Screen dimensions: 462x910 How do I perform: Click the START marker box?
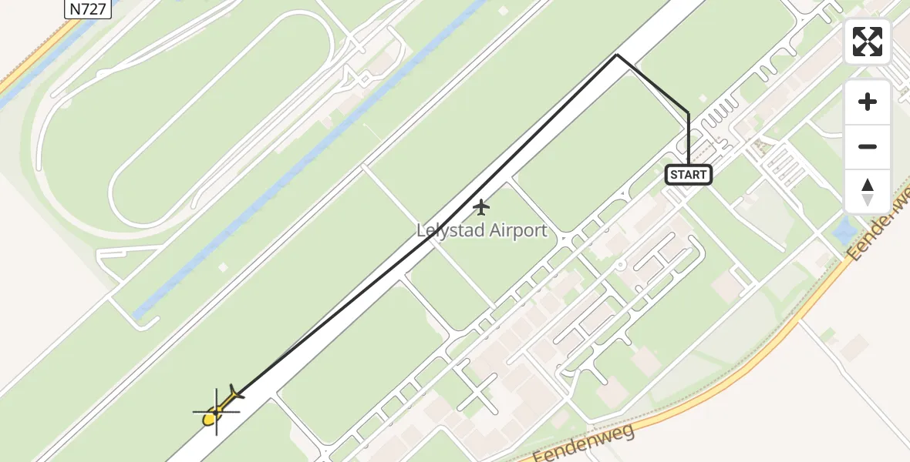point(688,175)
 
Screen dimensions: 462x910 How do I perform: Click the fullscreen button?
point(868,42)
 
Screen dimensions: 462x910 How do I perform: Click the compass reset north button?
point(868,192)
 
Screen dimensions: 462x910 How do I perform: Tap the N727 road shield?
point(86,8)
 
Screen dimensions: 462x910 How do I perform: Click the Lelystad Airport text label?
point(482,230)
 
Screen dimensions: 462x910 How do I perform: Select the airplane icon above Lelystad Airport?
point(481,207)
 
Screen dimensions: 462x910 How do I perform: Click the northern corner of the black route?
point(617,55)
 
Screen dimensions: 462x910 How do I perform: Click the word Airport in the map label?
point(516,230)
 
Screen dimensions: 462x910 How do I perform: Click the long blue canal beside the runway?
point(308,162)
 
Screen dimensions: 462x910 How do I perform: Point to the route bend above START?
point(688,114)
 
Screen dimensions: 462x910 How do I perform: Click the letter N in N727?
point(74,8)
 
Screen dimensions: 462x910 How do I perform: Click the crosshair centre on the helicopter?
point(216,412)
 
